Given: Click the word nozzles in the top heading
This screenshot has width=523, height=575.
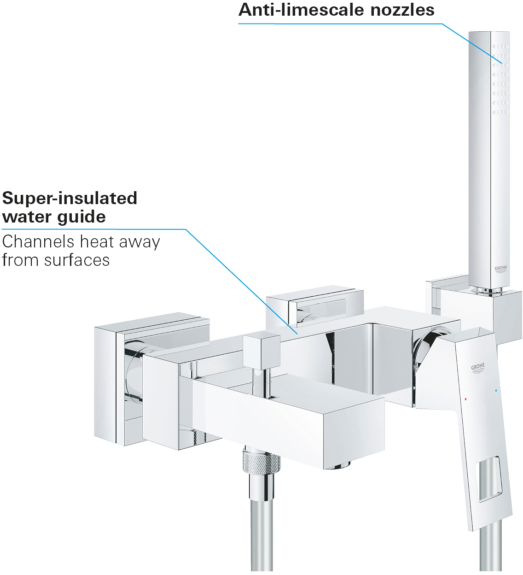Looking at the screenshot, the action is [402, 10].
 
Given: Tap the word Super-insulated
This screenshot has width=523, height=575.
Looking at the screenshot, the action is [70, 199].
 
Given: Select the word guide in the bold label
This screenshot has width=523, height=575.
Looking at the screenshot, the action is [81, 217].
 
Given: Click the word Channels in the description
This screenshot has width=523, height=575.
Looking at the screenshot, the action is [39, 241].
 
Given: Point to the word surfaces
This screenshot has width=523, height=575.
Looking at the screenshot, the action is [77, 260].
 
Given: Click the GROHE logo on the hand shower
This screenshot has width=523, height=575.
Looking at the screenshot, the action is [501, 270].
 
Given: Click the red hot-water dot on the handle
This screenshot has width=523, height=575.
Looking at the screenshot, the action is [466, 399].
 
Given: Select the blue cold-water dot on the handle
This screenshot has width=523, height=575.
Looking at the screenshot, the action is [496, 390].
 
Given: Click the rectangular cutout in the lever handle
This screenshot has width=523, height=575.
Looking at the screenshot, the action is [488, 484].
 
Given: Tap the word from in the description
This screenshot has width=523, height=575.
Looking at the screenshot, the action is [21, 260].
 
